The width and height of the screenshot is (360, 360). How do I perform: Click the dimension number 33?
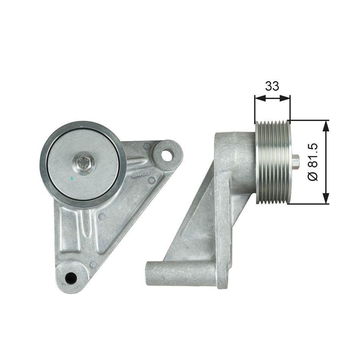tap(272, 86)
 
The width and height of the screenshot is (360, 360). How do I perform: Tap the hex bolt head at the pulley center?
tap(83, 163)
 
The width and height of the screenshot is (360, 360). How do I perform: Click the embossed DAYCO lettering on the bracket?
tap(141, 174)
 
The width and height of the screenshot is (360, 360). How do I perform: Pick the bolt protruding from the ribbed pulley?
tap(295, 162)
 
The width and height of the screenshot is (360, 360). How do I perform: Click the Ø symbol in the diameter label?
tap(314, 176)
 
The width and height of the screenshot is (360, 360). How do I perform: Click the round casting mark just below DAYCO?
tap(152, 181)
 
